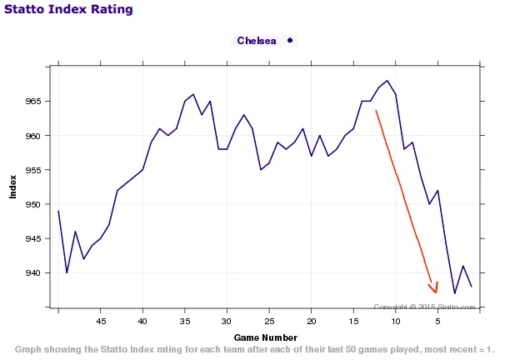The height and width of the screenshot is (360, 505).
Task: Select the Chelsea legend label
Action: (257, 41)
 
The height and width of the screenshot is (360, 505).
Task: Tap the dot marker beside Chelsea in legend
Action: (289, 41)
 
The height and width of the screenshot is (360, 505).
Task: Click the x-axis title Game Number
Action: (265, 337)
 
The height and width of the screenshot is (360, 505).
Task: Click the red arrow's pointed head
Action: (434, 290)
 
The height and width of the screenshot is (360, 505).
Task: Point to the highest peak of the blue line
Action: (387, 81)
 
